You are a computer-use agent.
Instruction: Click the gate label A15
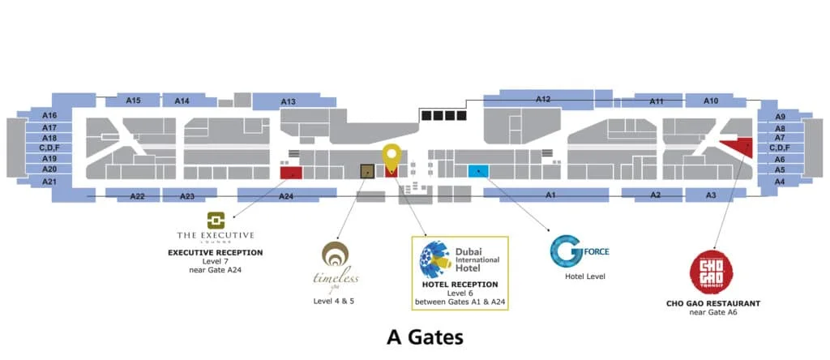(134, 101)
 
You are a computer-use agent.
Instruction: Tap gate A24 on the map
(286, 195)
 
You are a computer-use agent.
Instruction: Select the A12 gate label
(543, 99)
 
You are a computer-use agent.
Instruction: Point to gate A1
(550, 195)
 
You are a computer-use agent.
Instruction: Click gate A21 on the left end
(49, 182)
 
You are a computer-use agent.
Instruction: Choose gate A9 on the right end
(780, 117)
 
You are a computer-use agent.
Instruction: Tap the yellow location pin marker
(391, 156)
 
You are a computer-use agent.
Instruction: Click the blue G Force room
(478, 170)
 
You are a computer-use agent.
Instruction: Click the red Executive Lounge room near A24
(291, 172)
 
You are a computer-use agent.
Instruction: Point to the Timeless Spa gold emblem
(336, 255)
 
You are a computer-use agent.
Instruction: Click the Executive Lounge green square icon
(215, 221)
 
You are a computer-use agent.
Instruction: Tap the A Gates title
(414, 335)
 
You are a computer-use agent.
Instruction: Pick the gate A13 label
(289, 101)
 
